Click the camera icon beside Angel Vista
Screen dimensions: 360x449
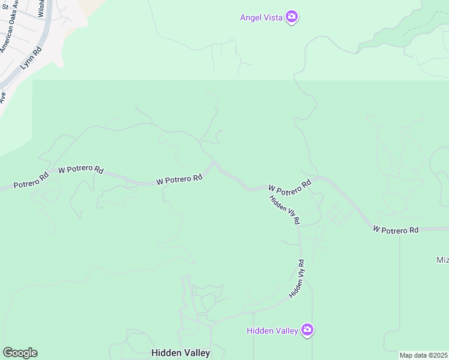click(292, 17)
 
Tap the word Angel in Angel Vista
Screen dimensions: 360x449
click(251, 17)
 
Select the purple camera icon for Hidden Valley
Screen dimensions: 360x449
click(307, 329)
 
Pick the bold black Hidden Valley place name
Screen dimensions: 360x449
click(181, 353)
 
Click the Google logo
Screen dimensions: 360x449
click(20, 353)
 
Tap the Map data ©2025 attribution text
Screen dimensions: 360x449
click(424, 355)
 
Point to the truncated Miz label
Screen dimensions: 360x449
click(442, 260)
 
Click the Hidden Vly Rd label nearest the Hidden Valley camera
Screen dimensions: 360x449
click(297, 279)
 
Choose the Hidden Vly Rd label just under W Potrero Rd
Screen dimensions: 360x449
click(284, 209)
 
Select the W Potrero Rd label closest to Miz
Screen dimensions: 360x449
click(396, 230)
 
